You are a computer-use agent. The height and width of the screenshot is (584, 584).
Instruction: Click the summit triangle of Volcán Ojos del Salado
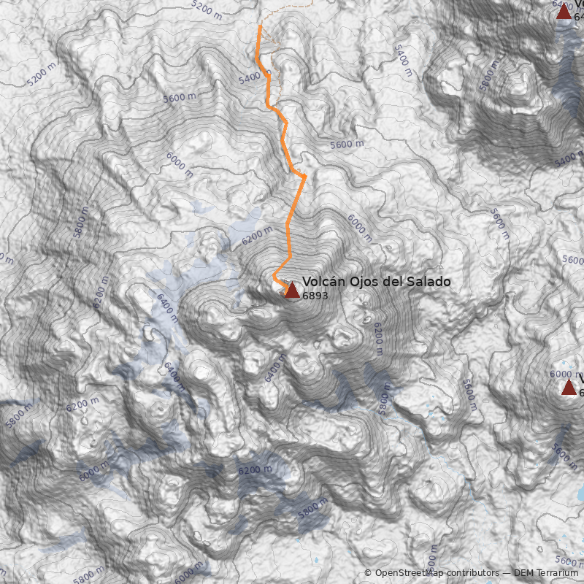[x=291, y=291]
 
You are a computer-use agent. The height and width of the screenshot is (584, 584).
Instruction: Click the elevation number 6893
[x=315, y=296]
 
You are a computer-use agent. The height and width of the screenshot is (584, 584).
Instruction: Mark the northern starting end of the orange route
[x=260, y=26]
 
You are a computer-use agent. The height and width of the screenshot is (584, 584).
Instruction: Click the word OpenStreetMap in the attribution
[x=407, y=573]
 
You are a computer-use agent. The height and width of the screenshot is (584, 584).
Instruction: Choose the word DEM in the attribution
[x=523, y=573]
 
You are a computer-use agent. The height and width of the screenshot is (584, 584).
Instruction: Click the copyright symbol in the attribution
[x=368, y=573]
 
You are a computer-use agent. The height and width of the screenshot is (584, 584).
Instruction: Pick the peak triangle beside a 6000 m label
[x=569, y=387]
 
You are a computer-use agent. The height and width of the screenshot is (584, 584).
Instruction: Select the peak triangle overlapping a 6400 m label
[x=564, y=11]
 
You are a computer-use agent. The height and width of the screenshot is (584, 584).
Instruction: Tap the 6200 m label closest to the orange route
[x=256, y=235]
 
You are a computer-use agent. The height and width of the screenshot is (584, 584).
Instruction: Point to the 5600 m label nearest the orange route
[x=346, y=145]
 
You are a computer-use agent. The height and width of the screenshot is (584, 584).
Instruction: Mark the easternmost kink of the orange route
[x=304, y=177]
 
